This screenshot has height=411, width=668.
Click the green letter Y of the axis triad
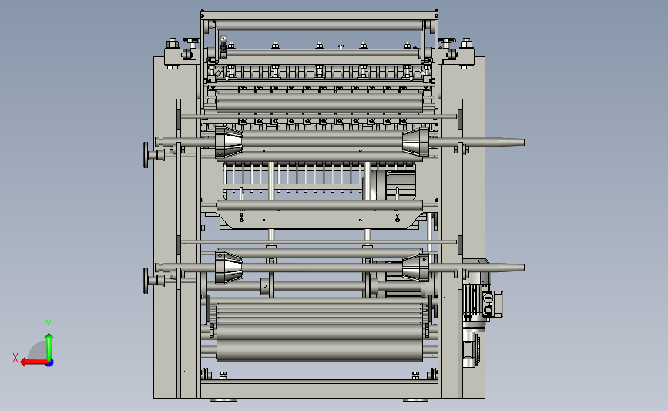(x=49, y=325)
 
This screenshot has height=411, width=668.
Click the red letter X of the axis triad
(x=15, y=358)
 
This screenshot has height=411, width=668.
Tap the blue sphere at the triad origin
(x=50, y=362)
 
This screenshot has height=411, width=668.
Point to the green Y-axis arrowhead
(x=49, y=337)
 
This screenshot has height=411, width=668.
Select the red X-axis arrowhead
(x=24, y=362)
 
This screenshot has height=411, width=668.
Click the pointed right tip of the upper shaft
(x=524, y=142)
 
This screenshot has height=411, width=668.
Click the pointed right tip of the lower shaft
(x=524, y=268)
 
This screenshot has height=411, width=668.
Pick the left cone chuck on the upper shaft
(x=228, y=143)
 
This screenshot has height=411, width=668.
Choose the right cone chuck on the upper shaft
(x=416, y=143)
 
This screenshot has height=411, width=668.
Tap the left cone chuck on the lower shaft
(x=228, y=268)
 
